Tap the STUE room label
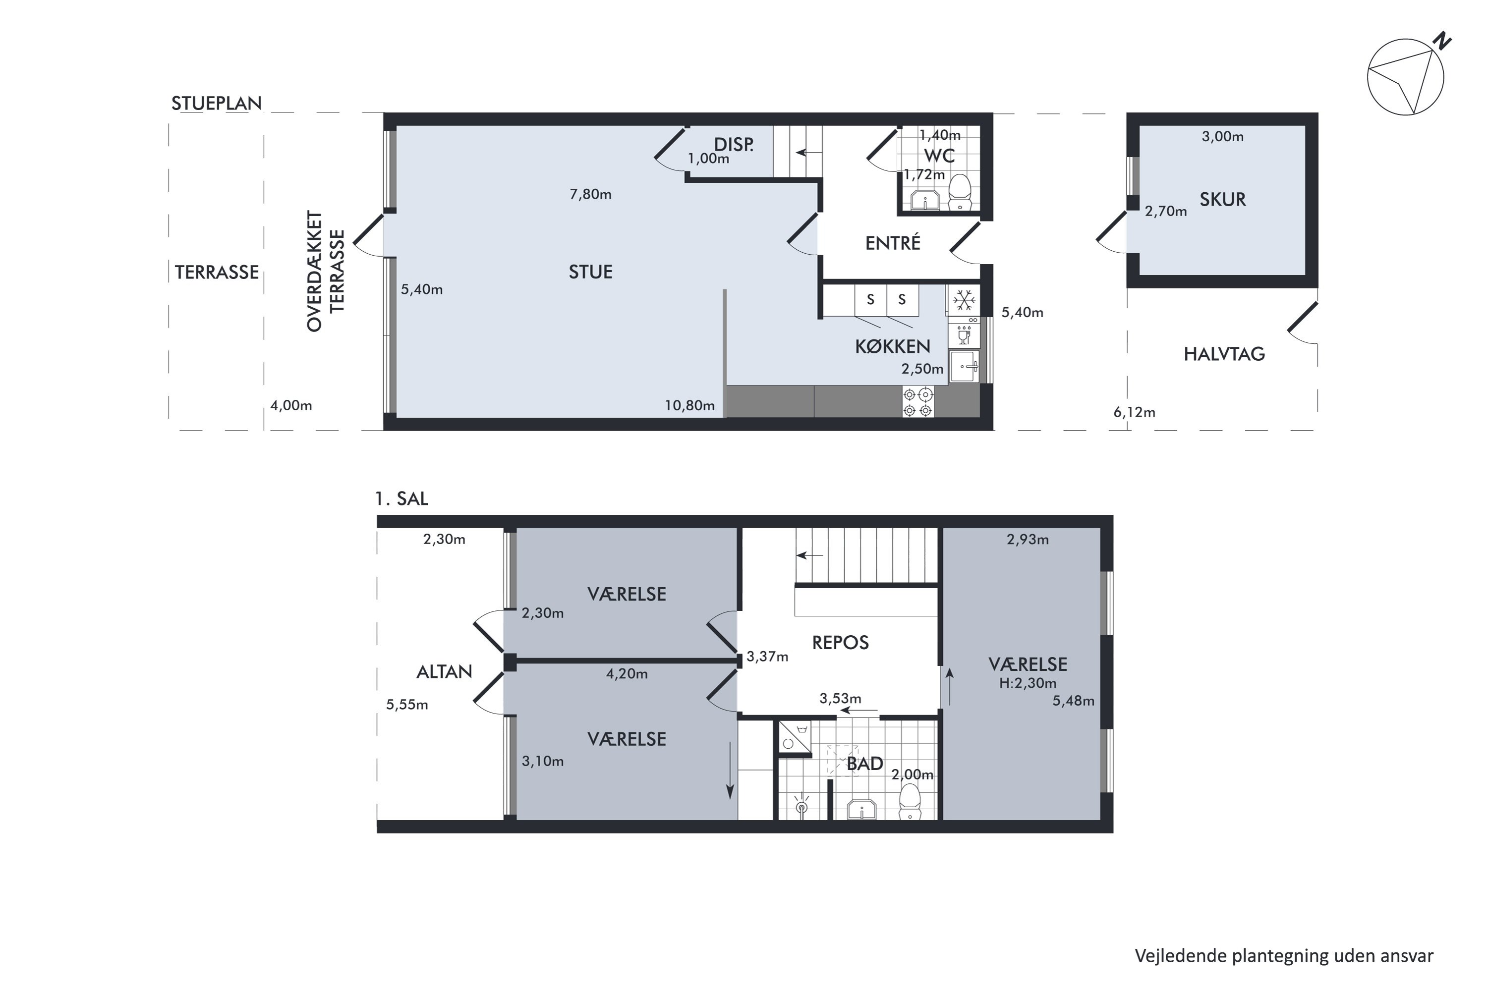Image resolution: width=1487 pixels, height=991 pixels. [590, 272]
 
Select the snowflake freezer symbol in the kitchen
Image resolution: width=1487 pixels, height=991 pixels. [964, 300]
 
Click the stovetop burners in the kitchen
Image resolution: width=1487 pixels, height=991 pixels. [918, 402]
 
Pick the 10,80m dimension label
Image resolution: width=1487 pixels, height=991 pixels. [690, 406]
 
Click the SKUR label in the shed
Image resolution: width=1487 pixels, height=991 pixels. [1223, 200]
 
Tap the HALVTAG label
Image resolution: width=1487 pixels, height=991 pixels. [1224, 354]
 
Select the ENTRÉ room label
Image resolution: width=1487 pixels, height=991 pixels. [893, 243]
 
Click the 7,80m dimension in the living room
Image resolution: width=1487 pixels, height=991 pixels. [590, 195]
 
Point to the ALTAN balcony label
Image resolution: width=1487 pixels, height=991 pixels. [445, 672]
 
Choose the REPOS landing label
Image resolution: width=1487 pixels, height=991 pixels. [840, 643]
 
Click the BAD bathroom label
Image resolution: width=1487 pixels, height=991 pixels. [864, 764]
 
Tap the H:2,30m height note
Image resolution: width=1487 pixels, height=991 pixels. [1028, 683]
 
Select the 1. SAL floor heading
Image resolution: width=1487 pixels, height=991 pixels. [401, 498]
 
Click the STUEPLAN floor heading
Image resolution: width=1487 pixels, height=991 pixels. [216, 103]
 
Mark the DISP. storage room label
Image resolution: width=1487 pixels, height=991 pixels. [734, 145]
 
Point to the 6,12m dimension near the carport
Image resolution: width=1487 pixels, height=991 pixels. [1134, 413]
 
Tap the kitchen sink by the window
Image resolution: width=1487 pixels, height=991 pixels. [965, 367]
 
